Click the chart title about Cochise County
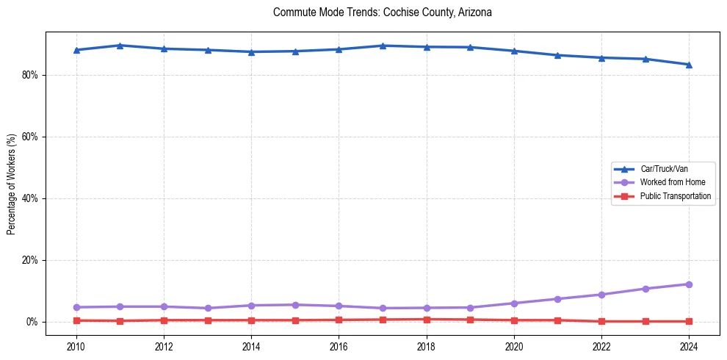click(x=381, y=12)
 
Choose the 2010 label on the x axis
click(x=76, y=346)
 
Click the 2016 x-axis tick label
click(x=339, y=346)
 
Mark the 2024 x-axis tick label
click(x=689, y=346)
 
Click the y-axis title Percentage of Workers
click(x=12, y=184)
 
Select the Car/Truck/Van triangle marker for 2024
click(x=689, y=64)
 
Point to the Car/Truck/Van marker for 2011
click(x=120, y=46)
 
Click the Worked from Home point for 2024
click(x=689, y=284)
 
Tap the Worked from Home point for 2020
click(x=514, y=303)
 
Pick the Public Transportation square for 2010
click(x=76, y=320)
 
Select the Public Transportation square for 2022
click(x=601, y=321)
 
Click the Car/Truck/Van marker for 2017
click(x=383, y=46)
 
